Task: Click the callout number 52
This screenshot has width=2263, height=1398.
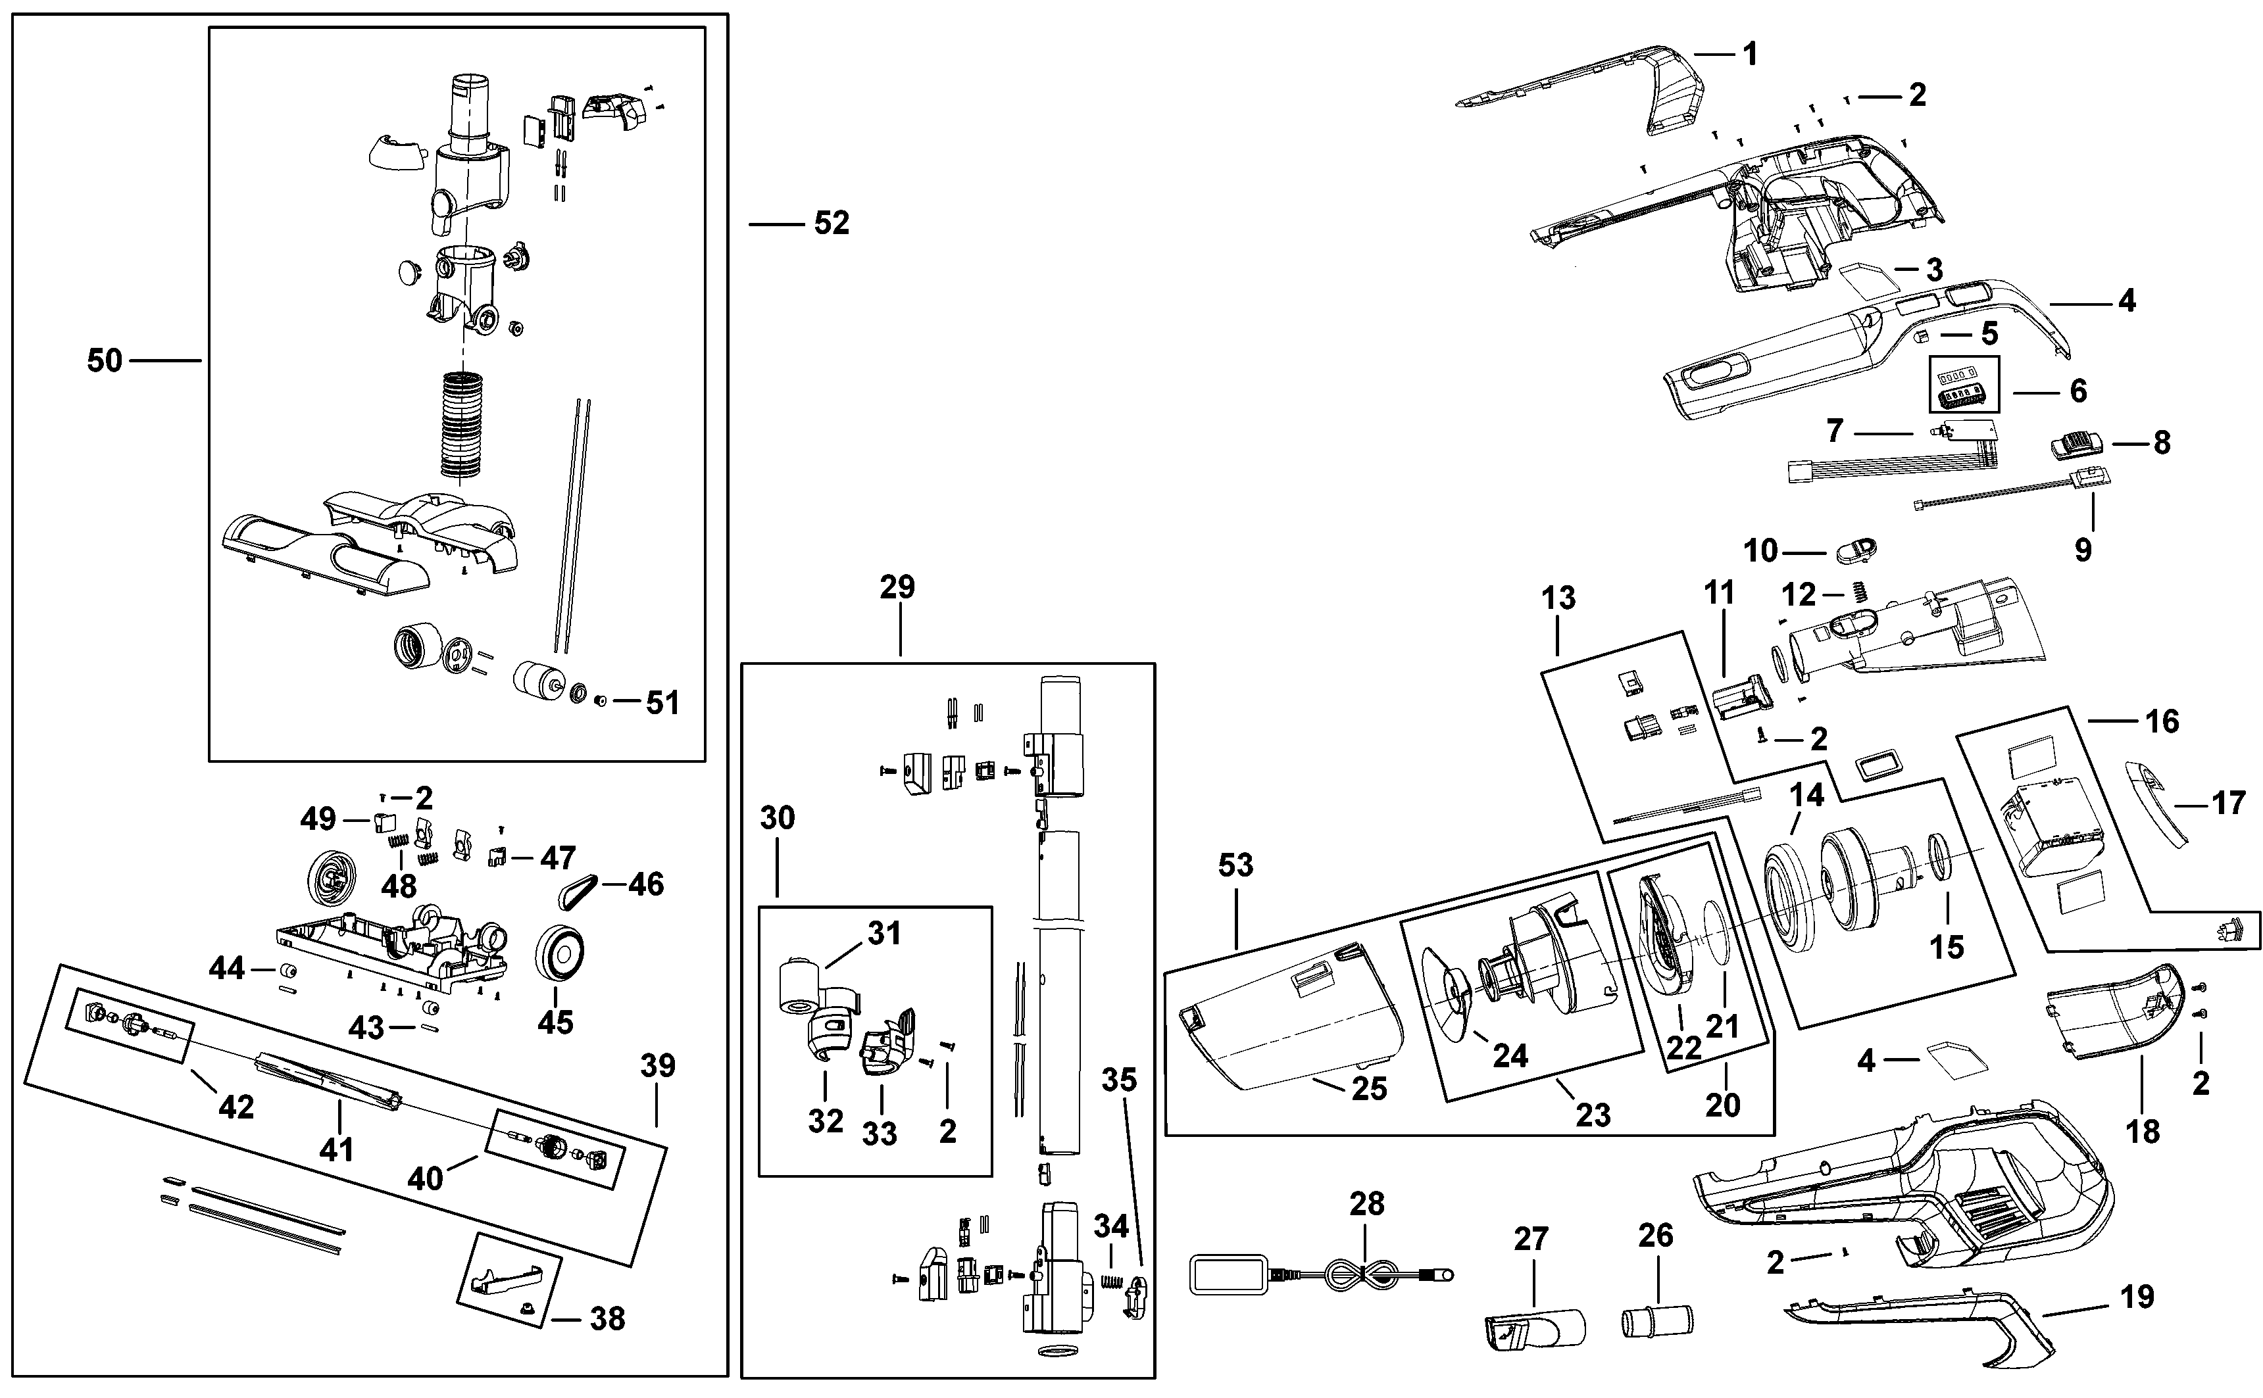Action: click(832, 223)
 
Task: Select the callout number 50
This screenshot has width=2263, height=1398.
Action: click(105, 360)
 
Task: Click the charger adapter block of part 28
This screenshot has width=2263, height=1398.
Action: click(1229, 1274)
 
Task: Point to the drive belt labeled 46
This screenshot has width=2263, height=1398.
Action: click(579, 890)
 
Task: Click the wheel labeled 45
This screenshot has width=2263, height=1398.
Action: click(560, 952)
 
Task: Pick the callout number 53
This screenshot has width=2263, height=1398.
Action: click(1235, 865)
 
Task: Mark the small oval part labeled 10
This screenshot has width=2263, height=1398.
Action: click(1855, 549)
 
